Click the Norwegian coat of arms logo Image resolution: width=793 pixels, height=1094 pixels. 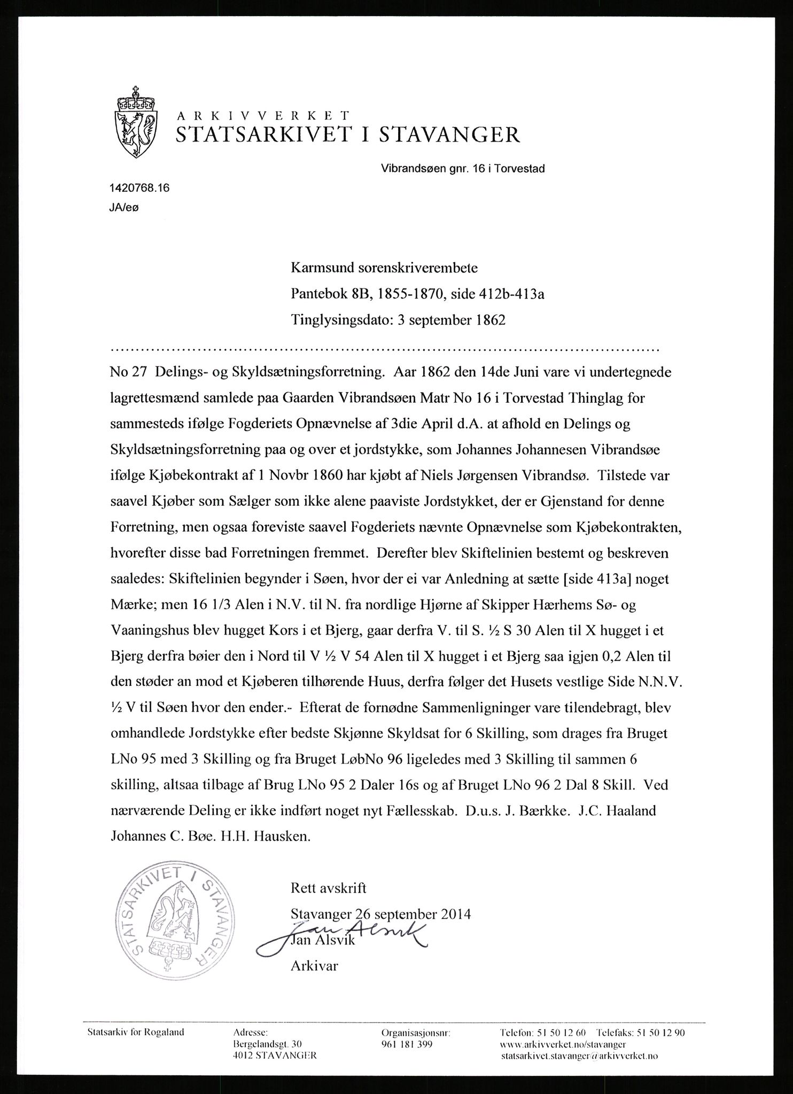click(136, 122)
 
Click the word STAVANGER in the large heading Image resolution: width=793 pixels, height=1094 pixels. click(449, 135)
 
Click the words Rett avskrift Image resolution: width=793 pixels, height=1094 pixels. click(328, 888)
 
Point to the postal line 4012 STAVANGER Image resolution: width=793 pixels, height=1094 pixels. click(275, 1056)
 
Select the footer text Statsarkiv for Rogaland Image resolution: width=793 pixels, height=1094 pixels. click(135, 1032)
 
